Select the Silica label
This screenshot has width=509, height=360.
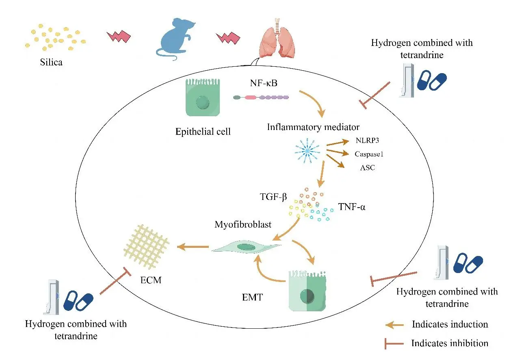[x=51, y=63]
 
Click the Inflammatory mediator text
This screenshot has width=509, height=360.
[x=313, y=127]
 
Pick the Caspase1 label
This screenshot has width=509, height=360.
[x=369, y=154]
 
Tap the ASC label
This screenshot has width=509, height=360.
[x=367, y=167]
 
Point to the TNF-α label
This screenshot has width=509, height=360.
[x=352, y=208]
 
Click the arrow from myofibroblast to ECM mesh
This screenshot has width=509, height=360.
[x=193, y=246]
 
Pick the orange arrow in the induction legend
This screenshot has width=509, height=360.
[x=394, y=324]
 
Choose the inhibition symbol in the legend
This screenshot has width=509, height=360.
[x=394, y=344]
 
